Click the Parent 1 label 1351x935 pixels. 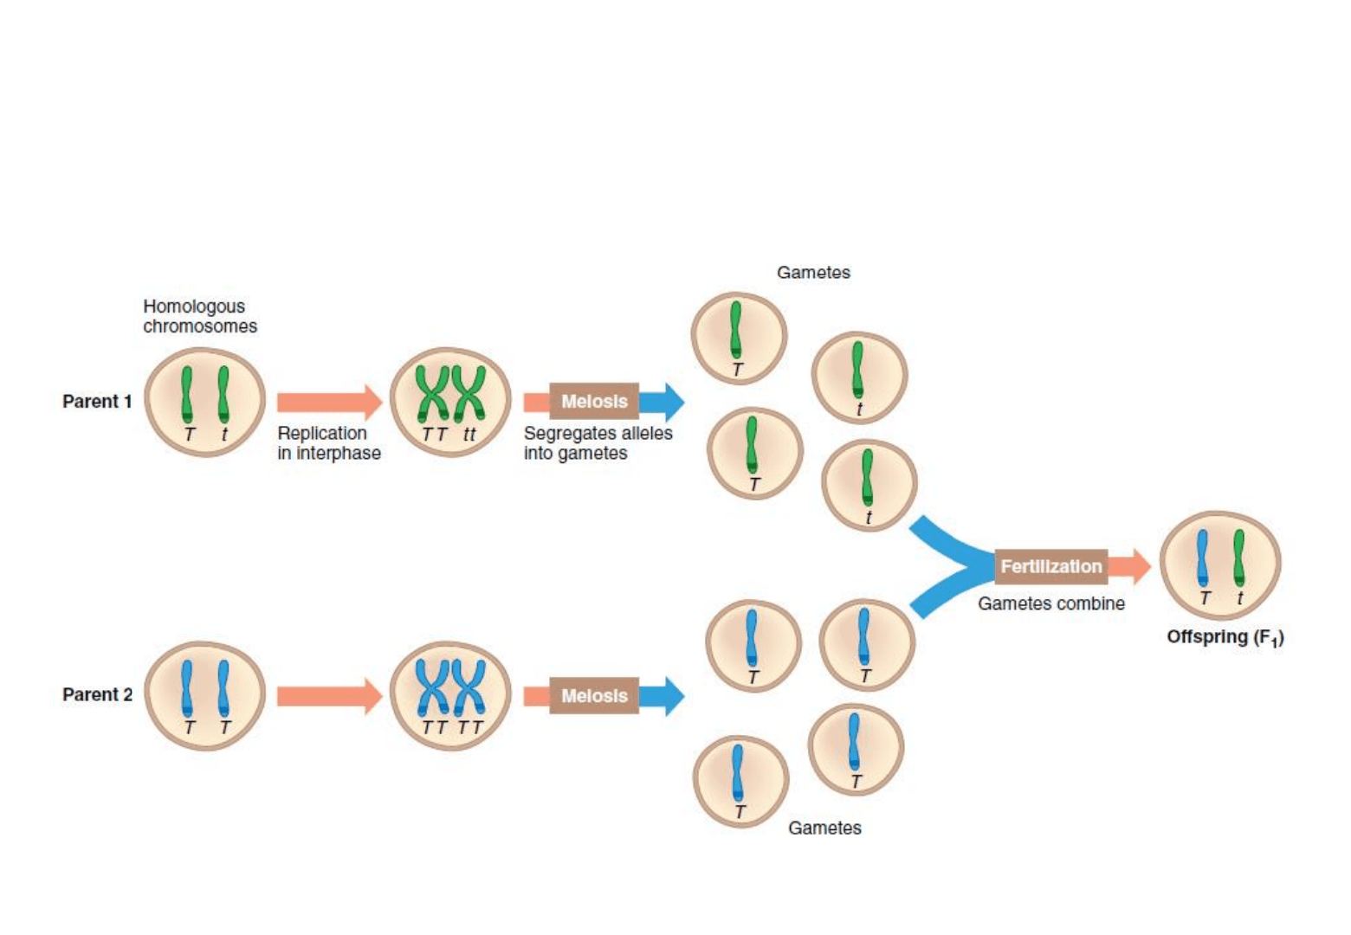pyautogui.click(x=97, y=402)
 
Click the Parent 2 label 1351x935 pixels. pyautogui.click(x=97, y=695)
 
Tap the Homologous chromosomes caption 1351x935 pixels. pyautogui.click(x=200, y=316)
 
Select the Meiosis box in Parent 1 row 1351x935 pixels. pyautogui.click(x=594, y=402)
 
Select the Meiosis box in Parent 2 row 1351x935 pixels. pyautogui.click(x=594, y=696)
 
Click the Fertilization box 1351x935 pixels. pyautogui.click(x=1050, y=567)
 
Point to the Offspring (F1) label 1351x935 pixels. pyautogui.click(x=1225, y=638)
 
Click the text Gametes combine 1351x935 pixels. pyautogui.click(x=1051, y=604)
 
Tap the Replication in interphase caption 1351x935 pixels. pyautogui.click(x=328, y=443)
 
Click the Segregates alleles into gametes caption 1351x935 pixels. pyautogui.click(x=598, y=443)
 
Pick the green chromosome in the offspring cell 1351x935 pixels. pyautogui.click(x=1239, y=558)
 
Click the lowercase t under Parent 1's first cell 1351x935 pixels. pyautogui.click(x=224, y=435)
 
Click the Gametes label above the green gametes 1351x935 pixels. pyautogui.click(x=813, y=273)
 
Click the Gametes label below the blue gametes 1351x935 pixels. pyautogui.click(x=824, y=829)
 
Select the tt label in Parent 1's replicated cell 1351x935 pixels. pyautogui.click(x=469, y=435)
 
